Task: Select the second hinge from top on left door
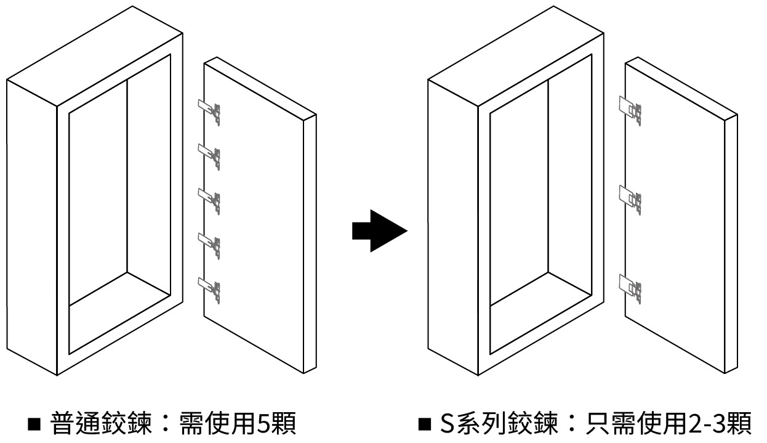pyautogui.click(x=210, y=153)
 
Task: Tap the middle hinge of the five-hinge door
pyautogui.click(x=210, y=198)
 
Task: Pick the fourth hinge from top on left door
pyautogui.click(x=210, y=242)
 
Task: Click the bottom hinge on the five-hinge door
pyautogui.click(x=210, y=287)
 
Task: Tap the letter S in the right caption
pyautogui.click(x=446, y=425)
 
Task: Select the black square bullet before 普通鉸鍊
pyautogui.click(x=34, y=425)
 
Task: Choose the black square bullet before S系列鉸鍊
pyautogui.click(x=425, y=425)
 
